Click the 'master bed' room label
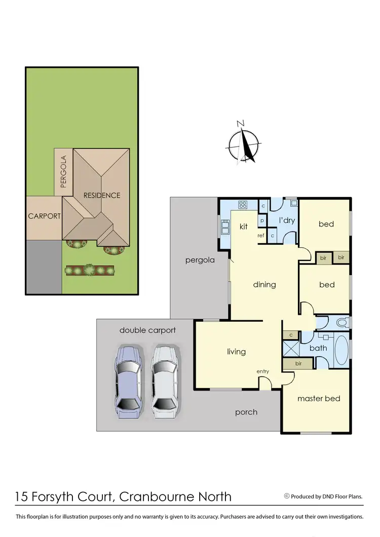pos(319,399)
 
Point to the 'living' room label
pos(236,352)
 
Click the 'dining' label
pos(264,285)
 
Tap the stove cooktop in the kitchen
pos(243,205)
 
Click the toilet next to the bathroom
pos(341,322)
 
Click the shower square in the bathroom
pos(291,349)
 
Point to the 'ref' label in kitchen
pos(261,236)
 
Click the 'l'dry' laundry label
pos(287,221)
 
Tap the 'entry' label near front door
pos(262,372)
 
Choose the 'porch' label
pos(246,412)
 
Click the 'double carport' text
pos(147,330)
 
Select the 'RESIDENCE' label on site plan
pos(102,196)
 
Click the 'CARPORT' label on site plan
pos(45,216)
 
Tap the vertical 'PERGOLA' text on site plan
pos(63,172)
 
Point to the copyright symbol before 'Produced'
pos(287,496)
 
